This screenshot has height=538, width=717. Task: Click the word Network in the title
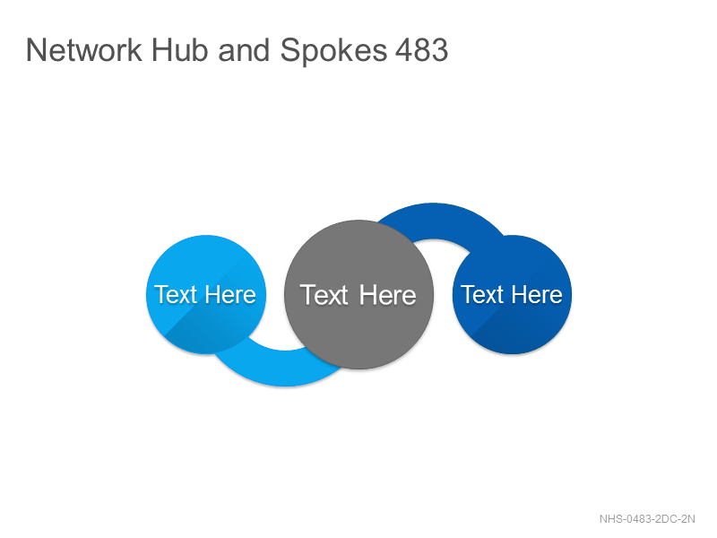(x=84, y=50)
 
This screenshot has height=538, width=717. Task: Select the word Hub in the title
(x=179, y=50)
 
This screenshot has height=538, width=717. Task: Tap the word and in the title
(x=244, y=50)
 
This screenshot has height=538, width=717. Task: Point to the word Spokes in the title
(x=333, y=51)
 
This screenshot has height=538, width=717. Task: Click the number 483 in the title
(x=421, y=50)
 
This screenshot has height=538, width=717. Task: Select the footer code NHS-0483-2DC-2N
(x=647, y=519)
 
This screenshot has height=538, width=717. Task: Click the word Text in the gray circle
(x=324, y=295)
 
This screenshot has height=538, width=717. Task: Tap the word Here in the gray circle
(x=388, y=295)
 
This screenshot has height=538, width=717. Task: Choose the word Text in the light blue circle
(x=176, y=294)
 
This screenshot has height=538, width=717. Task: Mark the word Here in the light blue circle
(x=230, y=294)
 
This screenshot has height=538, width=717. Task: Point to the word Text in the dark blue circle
(x=482, y=294)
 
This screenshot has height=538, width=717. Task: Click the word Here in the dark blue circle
(x=537, y=294)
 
